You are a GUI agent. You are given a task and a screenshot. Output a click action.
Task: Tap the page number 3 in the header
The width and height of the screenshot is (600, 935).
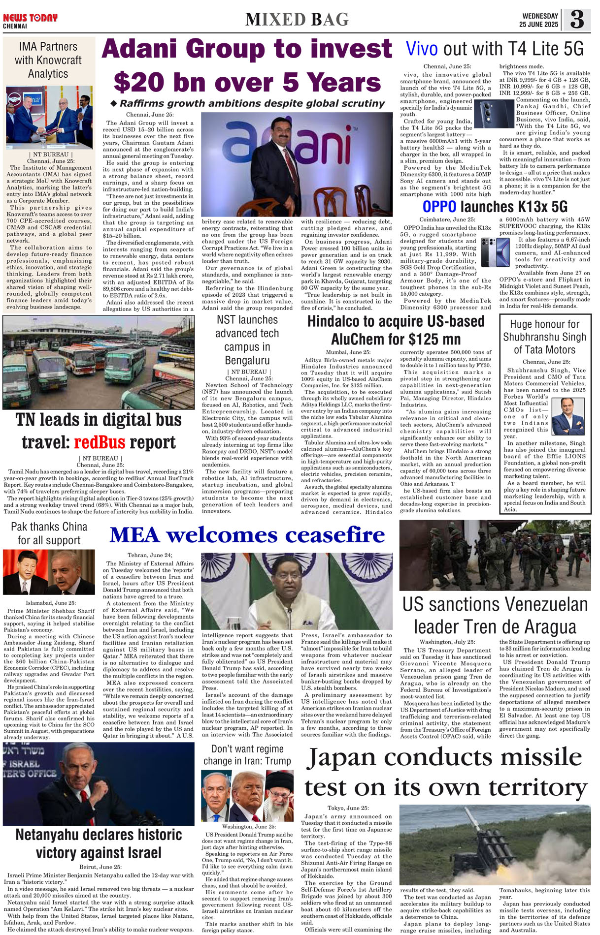pos(576,19)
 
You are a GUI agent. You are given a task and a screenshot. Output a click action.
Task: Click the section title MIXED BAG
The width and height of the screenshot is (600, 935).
pos(297,20)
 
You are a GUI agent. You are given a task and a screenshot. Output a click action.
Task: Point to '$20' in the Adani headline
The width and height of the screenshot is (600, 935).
pos(142,83)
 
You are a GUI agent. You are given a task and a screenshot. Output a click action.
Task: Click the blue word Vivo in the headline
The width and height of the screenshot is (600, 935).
pos(422,49)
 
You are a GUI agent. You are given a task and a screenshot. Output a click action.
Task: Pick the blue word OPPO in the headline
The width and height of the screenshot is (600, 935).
pos(439,207)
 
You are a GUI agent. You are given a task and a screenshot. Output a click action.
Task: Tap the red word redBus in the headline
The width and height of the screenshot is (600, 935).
pos(100,442)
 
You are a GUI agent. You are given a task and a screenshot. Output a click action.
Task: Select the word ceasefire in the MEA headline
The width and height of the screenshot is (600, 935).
pos(335,535)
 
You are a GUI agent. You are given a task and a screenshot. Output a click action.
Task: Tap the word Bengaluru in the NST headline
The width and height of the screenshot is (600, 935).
pos(247,360)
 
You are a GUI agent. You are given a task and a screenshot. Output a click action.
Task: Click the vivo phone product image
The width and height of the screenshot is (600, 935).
pos(494,114)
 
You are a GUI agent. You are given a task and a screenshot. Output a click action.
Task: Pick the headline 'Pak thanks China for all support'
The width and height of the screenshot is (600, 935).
pos(49,533)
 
